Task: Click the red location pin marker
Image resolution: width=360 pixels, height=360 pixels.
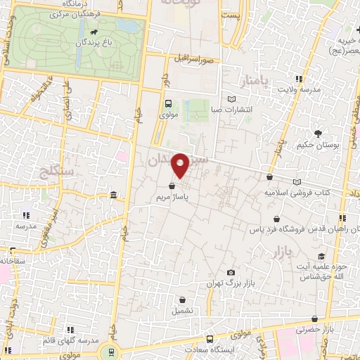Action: pos(181,165)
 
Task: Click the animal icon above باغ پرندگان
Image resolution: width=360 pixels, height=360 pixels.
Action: pos(94,32)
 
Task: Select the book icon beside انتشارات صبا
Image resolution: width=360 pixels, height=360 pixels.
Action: pos(233,98)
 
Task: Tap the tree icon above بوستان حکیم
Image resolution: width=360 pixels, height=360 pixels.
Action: pos(318,134)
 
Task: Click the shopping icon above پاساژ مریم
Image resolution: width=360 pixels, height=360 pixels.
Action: pos(172,187)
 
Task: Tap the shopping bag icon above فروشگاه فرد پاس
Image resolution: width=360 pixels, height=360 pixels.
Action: pos(280,218)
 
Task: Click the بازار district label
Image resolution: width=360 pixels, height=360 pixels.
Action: pos(300,250)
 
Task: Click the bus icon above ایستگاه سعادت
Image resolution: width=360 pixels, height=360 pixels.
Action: pos(209,339)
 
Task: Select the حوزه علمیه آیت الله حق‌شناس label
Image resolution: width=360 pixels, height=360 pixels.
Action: pos(321,269)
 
